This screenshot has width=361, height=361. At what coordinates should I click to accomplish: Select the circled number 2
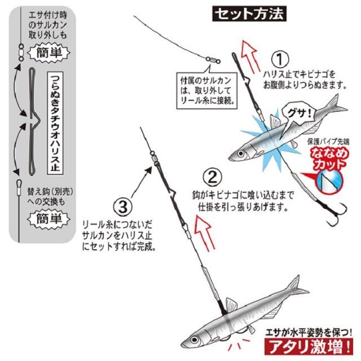[211, 179]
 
